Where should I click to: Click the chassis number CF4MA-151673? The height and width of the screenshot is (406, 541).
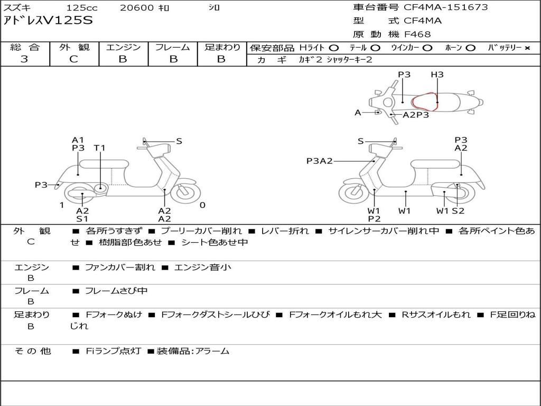[x=446, y=7]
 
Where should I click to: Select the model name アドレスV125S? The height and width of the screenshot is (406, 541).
[x=48, y=21]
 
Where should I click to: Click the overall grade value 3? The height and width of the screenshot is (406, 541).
[x=24, y=59]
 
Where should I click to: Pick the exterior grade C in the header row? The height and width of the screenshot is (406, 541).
[x=74, y=59]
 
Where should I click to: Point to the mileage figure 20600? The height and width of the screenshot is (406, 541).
[x=137, y=7]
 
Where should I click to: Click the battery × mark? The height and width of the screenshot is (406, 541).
[x=527, y=48]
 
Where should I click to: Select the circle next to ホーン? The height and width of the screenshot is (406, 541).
[x=471, y=48]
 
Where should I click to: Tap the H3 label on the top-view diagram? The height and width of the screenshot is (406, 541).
[x=437, y=74]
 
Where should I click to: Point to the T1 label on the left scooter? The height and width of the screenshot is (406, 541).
[x=100, y=148]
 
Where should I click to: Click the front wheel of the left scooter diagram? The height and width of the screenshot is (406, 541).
[x=185, y=191]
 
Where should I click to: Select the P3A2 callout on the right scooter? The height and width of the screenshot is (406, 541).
[x=320, y=161]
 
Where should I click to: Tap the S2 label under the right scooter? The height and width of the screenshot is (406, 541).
[x=458, y=210]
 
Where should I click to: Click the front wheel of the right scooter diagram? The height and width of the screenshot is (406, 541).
[x=354, y=192]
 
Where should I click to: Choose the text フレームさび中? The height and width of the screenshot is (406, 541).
[x=116, y=291]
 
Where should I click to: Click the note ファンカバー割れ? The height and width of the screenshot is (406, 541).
[x=120, y=267]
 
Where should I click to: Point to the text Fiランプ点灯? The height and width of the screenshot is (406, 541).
[x=113, y=351]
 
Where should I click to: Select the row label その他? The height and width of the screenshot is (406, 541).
[x=33, y=351]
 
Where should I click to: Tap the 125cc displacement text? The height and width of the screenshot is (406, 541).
[x=82, y=7]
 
